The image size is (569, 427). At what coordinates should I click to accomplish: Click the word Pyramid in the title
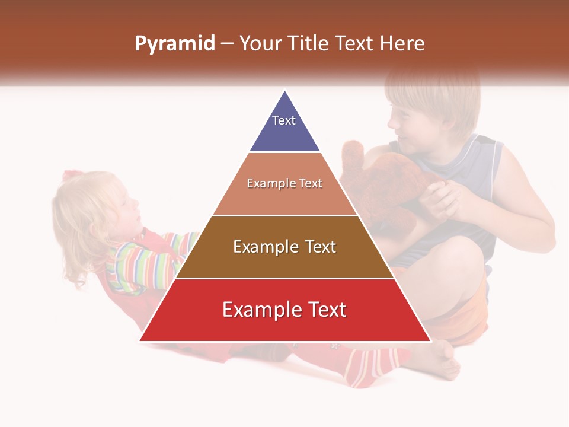[x=174, y=44]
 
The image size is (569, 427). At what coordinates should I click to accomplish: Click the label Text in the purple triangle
[x=284, y=120]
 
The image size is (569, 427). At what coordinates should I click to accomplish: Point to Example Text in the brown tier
[x=284, y=247]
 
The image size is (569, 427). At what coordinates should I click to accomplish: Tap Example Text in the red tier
[x=284, y=310]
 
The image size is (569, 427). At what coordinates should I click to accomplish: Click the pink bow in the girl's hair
[x=72, y=176]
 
